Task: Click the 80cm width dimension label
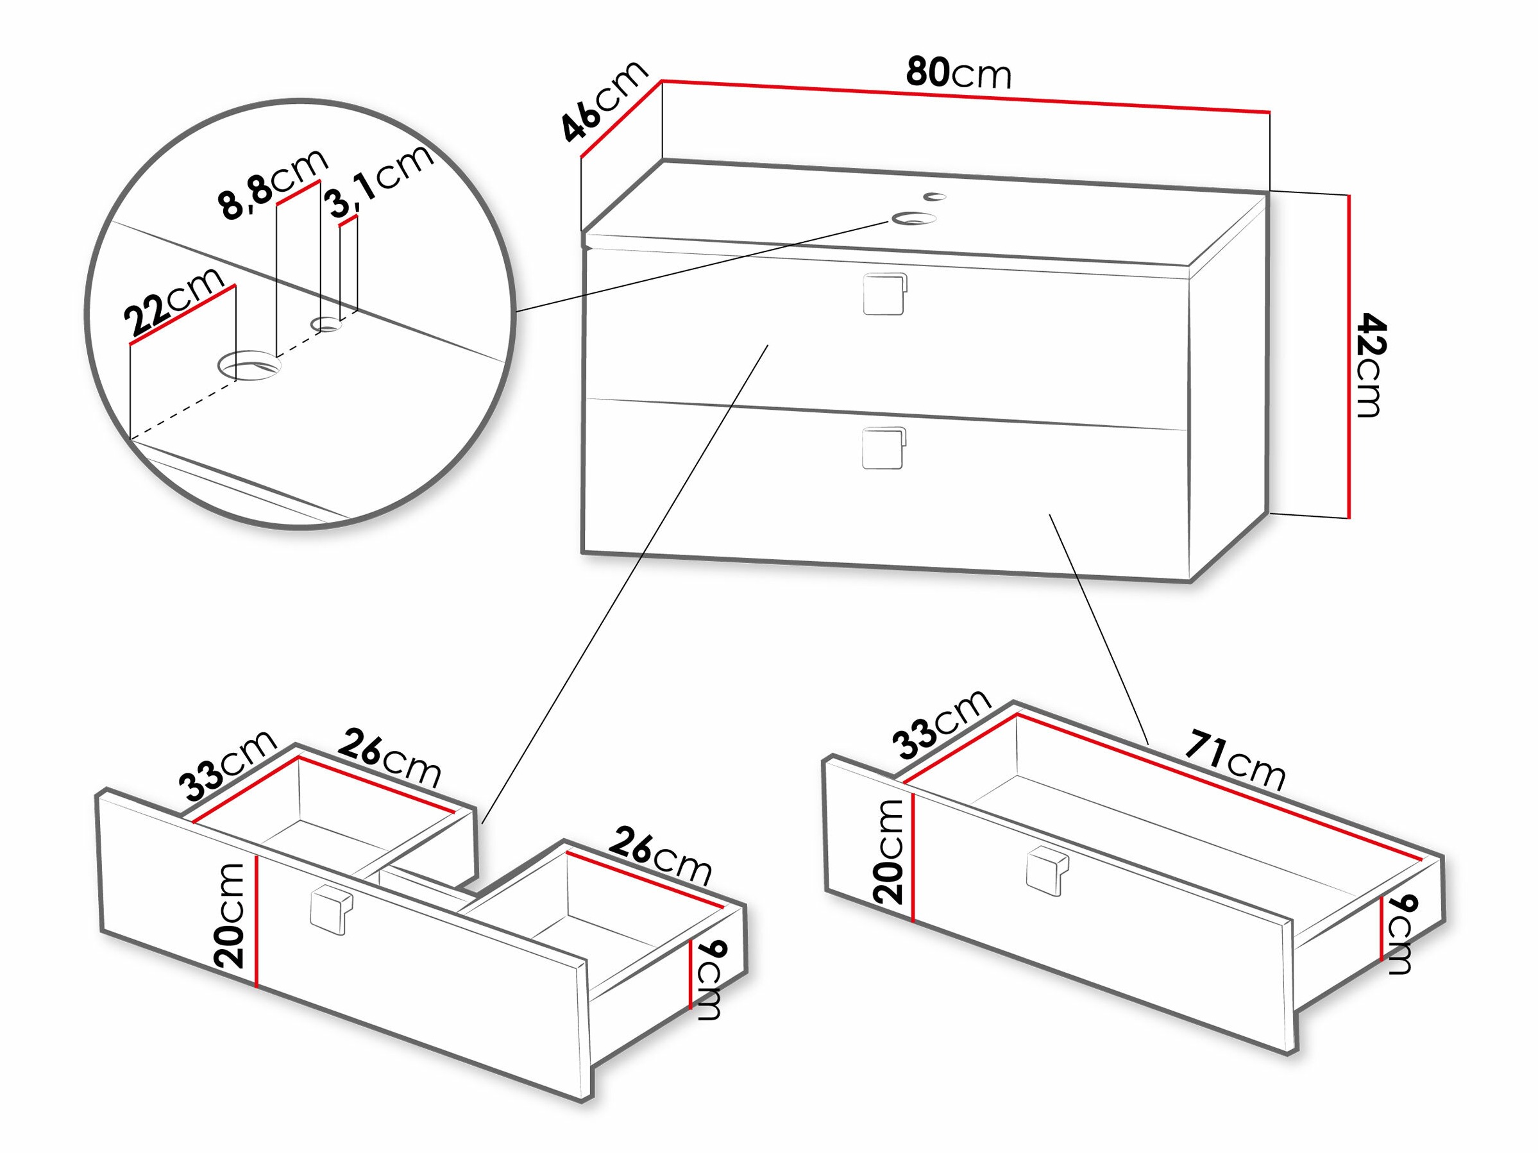tap(958, 74)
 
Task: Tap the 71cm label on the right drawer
tap(1235, 761)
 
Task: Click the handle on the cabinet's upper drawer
tap(884, 294)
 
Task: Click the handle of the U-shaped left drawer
tap(331, 911)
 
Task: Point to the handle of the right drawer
tap(1047, 872)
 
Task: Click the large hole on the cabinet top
tap(913, 219)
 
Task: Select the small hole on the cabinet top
tap(935, 197)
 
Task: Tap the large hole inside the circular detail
tap(249, 365)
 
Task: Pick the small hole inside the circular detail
tap(325, 324)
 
